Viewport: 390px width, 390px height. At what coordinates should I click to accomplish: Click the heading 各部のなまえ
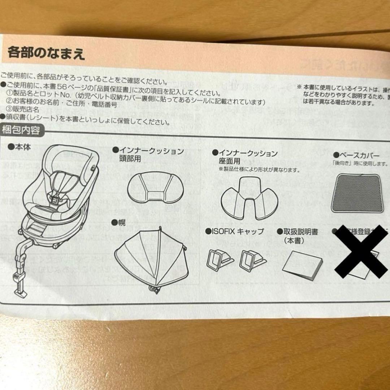click(46, 54)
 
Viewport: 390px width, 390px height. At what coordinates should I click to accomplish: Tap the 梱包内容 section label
click(22, 130)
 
